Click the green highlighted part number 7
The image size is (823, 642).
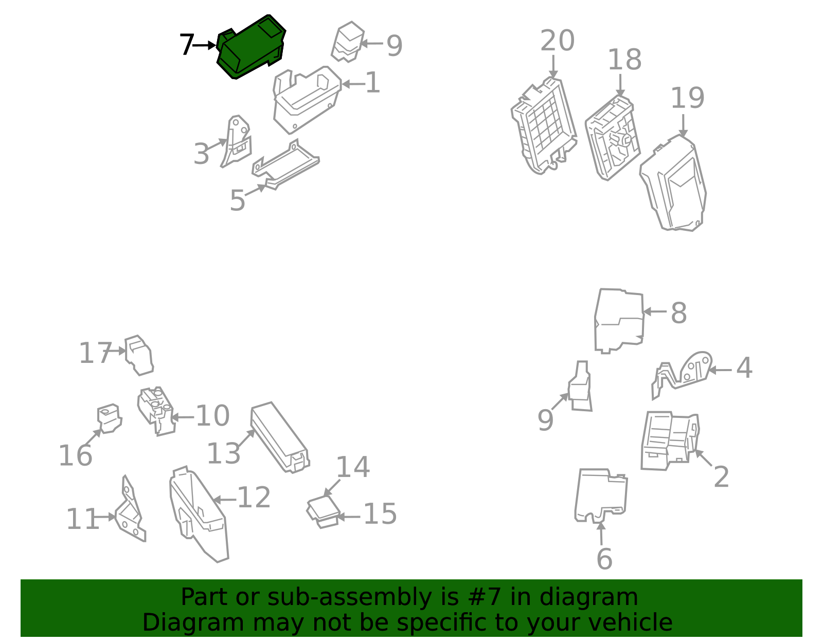251,47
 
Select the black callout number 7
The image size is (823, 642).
187,45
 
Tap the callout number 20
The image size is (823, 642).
557,41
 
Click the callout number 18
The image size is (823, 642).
624,60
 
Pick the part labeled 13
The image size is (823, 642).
279,437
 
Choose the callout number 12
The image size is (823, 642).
254,498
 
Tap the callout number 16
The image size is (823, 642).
76,455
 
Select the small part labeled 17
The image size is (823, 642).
139,355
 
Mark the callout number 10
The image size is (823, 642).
212,416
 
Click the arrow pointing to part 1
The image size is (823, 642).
353,84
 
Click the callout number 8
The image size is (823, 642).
678,313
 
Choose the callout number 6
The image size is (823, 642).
604,559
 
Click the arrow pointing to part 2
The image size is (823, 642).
704,458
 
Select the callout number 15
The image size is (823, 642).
380,514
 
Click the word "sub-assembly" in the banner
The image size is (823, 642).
350,597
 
